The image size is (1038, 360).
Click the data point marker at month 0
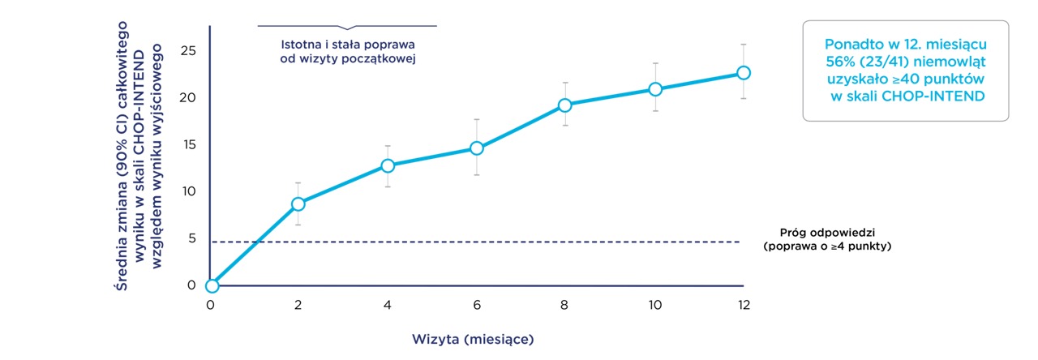212,285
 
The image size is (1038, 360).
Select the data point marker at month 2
298,204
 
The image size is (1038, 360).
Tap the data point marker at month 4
388,165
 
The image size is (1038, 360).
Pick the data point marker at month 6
477,148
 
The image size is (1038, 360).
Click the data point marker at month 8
565,105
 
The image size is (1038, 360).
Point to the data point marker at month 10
654,88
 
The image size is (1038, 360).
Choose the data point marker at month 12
743,72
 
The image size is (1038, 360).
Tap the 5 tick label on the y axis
192,238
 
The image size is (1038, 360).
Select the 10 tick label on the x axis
654,305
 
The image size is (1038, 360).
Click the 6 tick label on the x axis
477,305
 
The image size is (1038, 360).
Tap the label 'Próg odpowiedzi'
827,233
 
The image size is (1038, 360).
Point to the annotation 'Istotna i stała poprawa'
347,45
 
